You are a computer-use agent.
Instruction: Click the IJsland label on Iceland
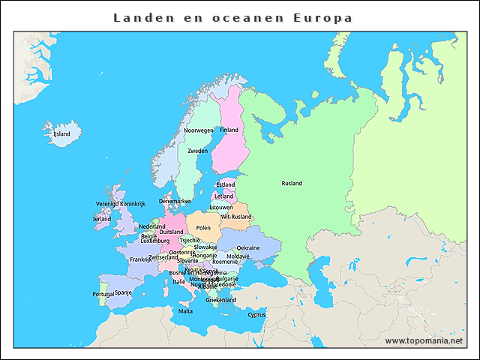[x=61, y=134]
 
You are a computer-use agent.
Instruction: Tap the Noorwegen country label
[x=199, y=130]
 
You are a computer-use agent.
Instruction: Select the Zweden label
[x=198, y=151]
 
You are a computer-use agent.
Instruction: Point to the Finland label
[x=229, y=130]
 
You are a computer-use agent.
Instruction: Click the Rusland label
[x=292, y=183]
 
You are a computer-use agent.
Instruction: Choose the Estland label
[x=225, y=184]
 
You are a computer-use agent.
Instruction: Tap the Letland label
[x=224, y=196]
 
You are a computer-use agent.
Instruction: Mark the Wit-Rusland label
[x=236, y=217]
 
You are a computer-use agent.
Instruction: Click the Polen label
[x=203, y=227]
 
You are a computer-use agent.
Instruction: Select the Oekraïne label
[x=248, y=247]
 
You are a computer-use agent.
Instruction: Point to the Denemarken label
[x=175, y=201]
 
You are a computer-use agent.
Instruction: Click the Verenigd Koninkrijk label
[x=120, y=204]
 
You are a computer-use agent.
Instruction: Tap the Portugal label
[x=103, y=294]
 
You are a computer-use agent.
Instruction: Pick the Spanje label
[x=123, y=292]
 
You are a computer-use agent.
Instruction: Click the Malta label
[x=185, y=310]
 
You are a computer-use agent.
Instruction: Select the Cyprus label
[x=256, y=315]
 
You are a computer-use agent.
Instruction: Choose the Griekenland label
[x=221, y=300]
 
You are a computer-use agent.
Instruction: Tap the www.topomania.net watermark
[x=424, y=340]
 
